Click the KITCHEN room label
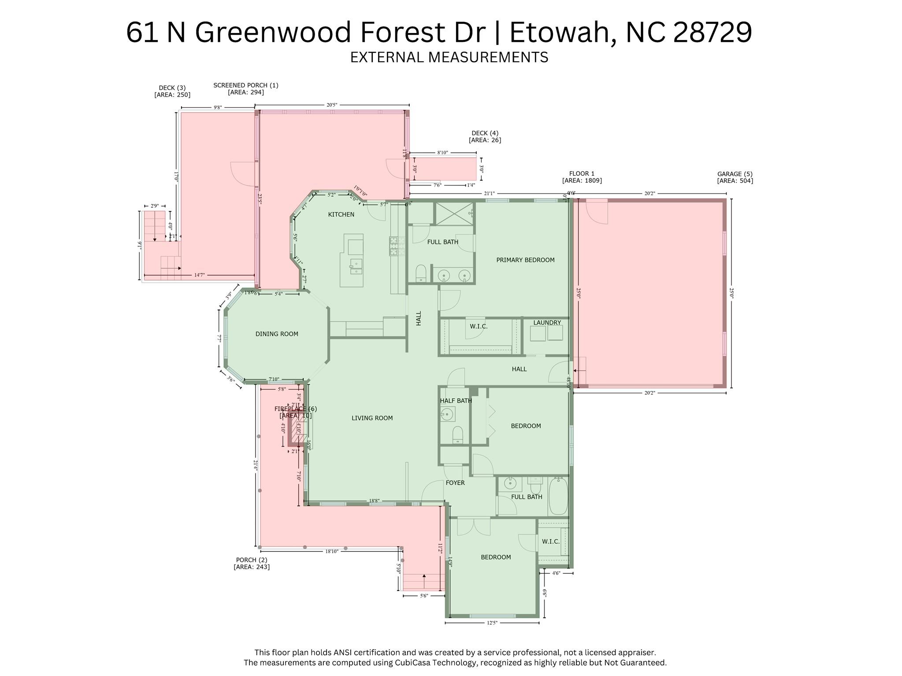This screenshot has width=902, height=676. (x=341, y=214)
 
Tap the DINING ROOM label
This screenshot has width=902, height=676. (x=277, y=334)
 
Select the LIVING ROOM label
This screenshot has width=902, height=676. (x=372, y=418)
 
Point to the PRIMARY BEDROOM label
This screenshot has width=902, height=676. (x=525, y=260)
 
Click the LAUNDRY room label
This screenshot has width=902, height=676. (x=547, y=322)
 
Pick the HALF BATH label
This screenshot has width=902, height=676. (x=456, y=401)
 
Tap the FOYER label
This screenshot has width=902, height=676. (x=455, y=483)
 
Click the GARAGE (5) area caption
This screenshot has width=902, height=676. (x=735, y=177)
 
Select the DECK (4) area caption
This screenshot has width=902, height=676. (x=485, y=137)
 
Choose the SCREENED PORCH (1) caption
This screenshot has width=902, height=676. (x=246, y=89)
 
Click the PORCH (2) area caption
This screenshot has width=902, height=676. (x=252, y=563)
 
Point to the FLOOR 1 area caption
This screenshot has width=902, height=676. (x=582, y=177)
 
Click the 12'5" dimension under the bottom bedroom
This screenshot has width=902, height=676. (x=492, y=623)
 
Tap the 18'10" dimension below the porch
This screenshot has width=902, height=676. (x=331, y=551)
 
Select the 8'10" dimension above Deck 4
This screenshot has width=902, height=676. (x=442, y=153)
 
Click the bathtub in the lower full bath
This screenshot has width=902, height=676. (x=558, y=496)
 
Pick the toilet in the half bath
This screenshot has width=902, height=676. (x=458, y=435)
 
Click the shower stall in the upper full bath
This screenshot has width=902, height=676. (x=454, y=213)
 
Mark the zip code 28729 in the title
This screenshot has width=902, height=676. (x=713, y=32)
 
